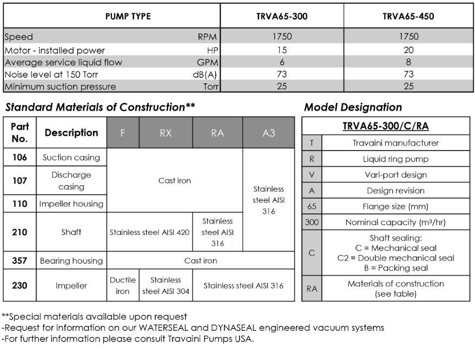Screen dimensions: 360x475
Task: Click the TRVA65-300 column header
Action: pyautogui.click(x=282, y=16)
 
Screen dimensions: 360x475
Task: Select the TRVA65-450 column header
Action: pyautogui.click(x=408, y=16)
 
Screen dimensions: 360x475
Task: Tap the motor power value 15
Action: pyautogui.click(x=282, y=50)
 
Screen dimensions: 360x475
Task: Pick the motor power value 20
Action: pyautogui.click(x=408, y=50)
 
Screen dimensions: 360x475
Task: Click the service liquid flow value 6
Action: pyautogui.click(x=282, y=62)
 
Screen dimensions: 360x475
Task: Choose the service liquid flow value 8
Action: pyautogui.click(x=408, y=62)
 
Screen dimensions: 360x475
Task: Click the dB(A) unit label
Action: pyautogui.click(x=204, y=74)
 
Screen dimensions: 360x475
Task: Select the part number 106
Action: pyautogui.click(x=19, y=158)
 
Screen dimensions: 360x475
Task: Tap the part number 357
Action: pyautogui.click(x=19, y=260)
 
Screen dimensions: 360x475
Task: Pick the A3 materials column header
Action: pyautogui.click(x=268, y=133)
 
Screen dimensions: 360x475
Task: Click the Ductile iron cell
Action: pyautogui.click(x=123, y=285)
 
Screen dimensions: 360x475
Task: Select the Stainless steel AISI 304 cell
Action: pyautogui.click(x=166, y=285)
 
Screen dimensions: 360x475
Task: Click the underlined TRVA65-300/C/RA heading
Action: pyautogui.click(x=385, y=127)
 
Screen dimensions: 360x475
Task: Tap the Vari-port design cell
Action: pyautogui.click(x=396, y=175)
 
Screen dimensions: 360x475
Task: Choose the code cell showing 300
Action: pyautogui.click(x=311, y=222)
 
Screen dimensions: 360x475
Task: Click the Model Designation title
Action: pyautogui.click(x=353, y=107)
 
